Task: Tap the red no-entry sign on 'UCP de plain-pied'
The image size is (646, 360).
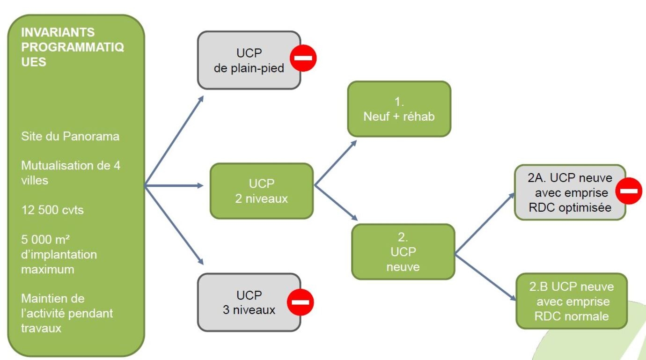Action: pos(303,59)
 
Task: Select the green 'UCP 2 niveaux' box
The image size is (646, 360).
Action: pos(261,191)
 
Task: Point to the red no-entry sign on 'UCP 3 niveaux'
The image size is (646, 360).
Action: pos(300,302)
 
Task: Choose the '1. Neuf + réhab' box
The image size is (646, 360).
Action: pos(399,109)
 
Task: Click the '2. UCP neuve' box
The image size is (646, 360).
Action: pos(403,252)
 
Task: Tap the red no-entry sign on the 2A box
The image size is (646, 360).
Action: pos(628,191)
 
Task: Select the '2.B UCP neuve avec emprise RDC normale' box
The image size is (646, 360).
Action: pos(572,301)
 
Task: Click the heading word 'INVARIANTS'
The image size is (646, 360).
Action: pos(58,33)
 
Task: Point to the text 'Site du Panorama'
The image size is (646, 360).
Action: pos(70,137)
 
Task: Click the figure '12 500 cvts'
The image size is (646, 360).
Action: pos(52,210)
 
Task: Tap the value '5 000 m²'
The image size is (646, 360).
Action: pos(45,240)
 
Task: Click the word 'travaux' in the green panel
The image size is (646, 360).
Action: pos(41,328)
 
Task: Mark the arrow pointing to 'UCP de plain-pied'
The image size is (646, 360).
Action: pos(174,140)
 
